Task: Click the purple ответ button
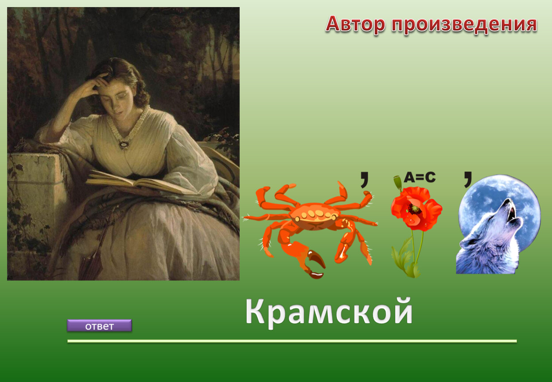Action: coord(99,325)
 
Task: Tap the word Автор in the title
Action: coord(355,24)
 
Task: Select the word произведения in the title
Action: coord(464,25)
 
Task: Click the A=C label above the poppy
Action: coord(420,177)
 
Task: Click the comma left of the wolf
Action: coord(468,180)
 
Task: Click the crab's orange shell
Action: coord(314,216)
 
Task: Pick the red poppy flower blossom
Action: coord(416,208)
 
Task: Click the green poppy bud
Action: coord(397,182)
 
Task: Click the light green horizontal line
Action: coord(292,341)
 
